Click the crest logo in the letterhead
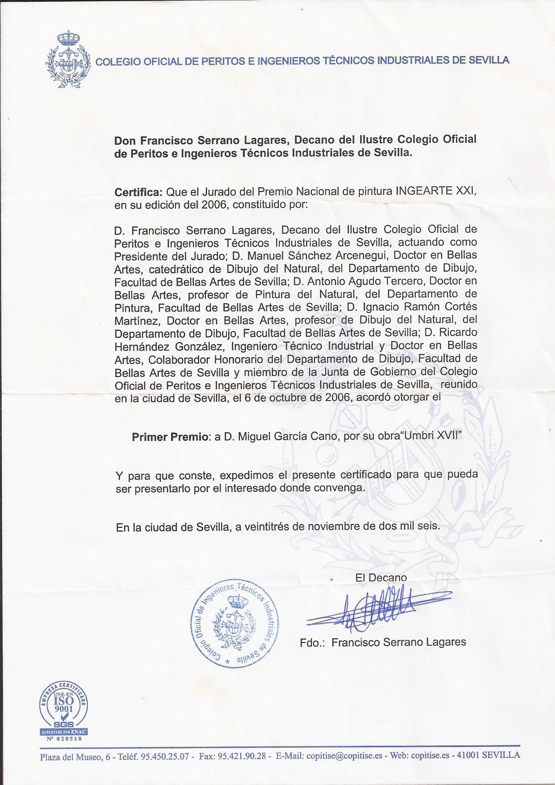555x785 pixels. click(68, 60)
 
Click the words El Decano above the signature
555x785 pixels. click(381, 578)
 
